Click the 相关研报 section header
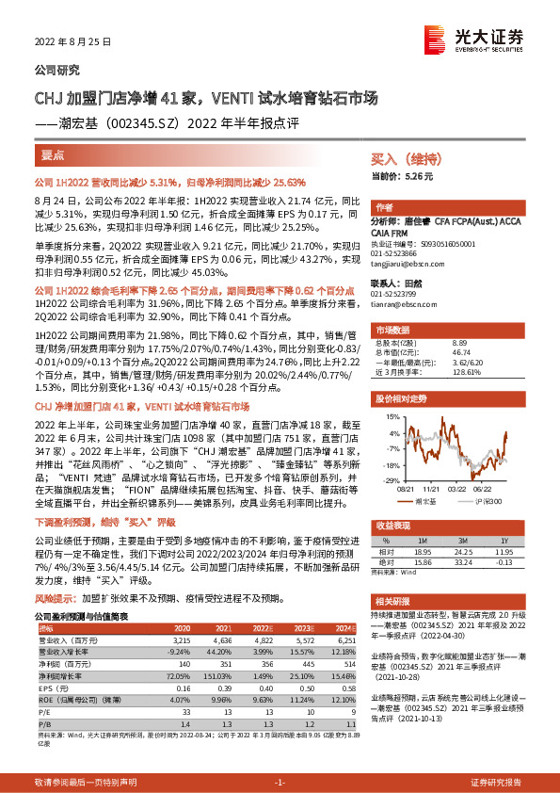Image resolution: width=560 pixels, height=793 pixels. click(x=395, y=600)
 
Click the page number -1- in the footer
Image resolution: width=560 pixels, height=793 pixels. click(x=279, y=783)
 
